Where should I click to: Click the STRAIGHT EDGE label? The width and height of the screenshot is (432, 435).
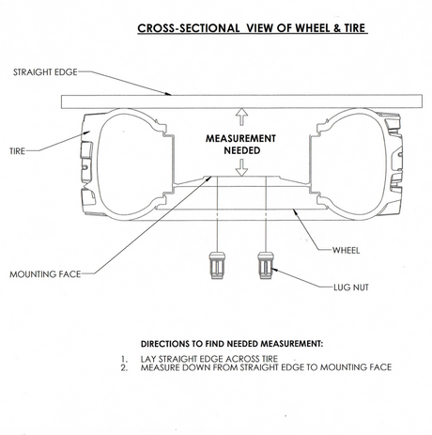45,72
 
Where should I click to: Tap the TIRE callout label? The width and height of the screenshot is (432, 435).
17,151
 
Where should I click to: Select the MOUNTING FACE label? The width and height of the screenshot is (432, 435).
45,274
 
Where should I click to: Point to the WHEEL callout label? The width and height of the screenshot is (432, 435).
346,250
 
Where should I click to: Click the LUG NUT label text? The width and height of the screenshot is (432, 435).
351,287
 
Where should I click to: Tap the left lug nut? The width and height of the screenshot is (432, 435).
217,265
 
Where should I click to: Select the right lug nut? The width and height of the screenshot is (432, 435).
266,265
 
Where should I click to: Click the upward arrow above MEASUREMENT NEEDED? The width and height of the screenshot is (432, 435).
241,117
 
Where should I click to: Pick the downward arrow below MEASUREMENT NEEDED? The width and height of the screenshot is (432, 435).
241,167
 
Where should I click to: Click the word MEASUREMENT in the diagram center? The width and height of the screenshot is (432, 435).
240,138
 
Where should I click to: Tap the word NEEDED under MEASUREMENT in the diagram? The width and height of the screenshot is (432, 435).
242,150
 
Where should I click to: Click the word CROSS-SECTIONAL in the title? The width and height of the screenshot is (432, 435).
189,28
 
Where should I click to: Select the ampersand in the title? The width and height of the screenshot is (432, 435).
337,28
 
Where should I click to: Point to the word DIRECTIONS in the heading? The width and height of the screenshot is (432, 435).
164,344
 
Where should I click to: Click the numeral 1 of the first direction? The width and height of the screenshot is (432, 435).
124,359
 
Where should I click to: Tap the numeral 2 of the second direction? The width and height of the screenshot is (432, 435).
124,367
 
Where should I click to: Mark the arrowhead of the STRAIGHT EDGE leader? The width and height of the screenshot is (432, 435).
169,93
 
